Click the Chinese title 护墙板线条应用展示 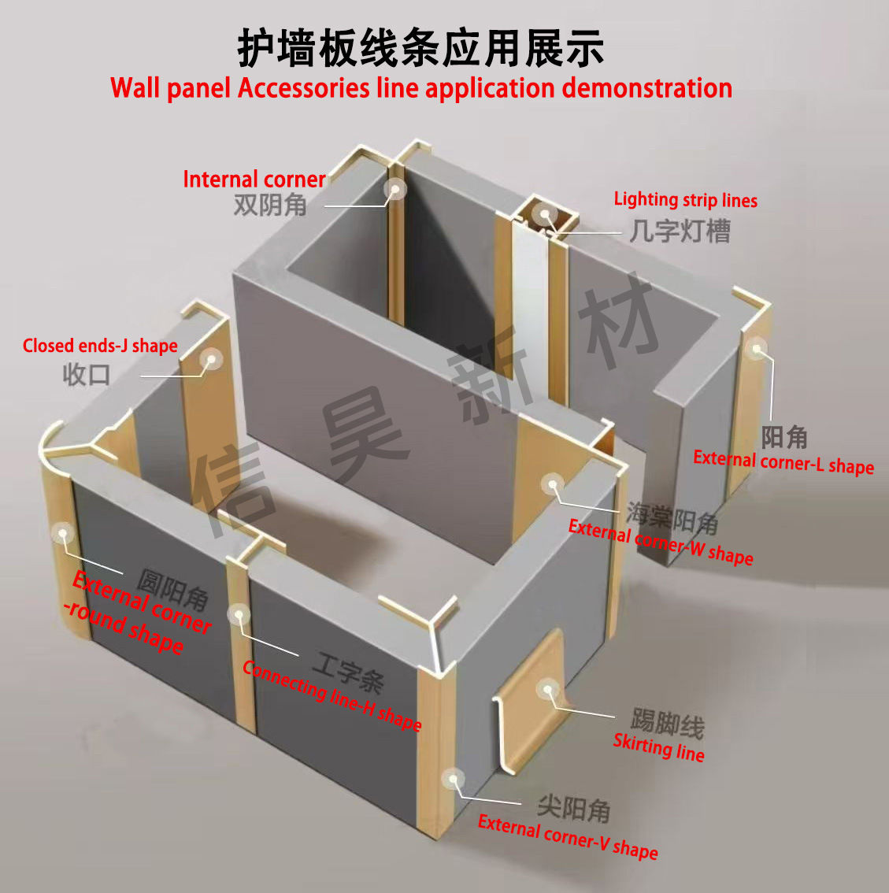point(421,48)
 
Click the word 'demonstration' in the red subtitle point(646,87)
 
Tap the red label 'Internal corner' point(254,180)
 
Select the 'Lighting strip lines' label point(685,200)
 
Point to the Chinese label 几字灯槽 point(680,231)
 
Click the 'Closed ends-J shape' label point(100,346)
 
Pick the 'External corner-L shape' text point(783,462)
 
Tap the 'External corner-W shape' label point(661,542)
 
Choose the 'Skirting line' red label point(658,747)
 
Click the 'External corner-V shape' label point(568,837)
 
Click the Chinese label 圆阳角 point(173,589)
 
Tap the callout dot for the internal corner point(394,189)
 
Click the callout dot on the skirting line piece point(547,690)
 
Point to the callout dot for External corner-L point(757,349)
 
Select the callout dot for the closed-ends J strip point(210,360)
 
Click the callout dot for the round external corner point(61,533)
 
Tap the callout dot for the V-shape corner point(453,780)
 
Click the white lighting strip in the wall point(525,315)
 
